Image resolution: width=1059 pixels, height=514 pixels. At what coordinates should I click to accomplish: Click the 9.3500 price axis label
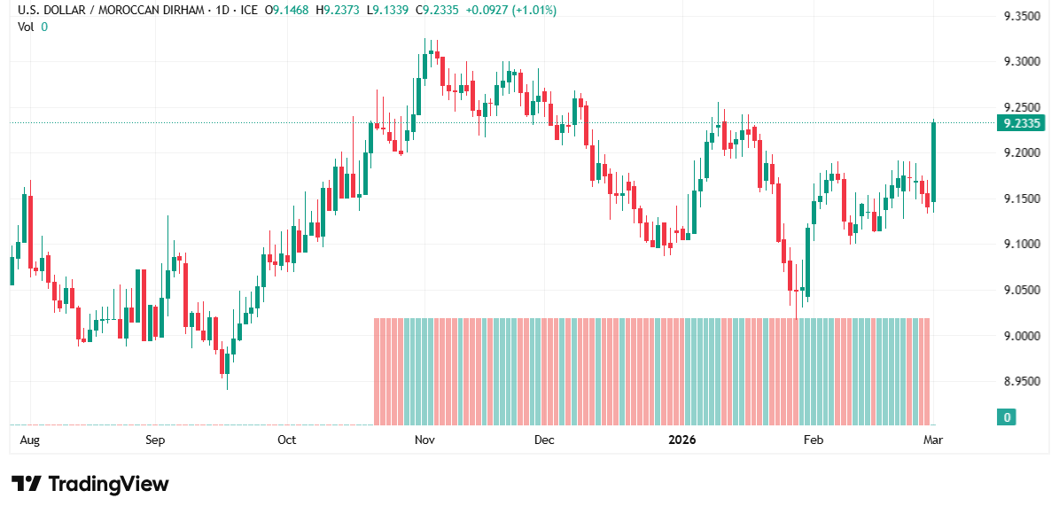(1021, 16)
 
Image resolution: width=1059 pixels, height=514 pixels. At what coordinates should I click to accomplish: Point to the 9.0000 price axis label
(1021, 336)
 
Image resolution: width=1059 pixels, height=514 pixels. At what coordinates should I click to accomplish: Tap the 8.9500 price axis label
(1021, 381)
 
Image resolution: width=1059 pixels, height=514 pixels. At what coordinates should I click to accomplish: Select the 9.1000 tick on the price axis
(1021, 244)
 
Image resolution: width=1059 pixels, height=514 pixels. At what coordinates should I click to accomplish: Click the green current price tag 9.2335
(1020, 123)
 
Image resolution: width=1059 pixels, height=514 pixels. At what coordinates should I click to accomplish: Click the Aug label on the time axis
(30, 440)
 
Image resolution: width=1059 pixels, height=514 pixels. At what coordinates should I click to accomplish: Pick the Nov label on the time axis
(424, 440)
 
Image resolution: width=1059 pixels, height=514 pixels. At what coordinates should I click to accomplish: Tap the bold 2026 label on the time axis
(682, 440)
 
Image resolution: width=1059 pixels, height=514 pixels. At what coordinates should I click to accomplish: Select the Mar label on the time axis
(932, 440)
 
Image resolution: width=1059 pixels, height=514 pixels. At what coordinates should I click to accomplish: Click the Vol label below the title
(27, 27)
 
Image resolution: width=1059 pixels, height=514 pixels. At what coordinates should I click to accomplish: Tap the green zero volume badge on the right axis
(1007, 417)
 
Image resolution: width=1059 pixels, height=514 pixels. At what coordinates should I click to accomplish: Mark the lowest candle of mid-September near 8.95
(226, 363)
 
